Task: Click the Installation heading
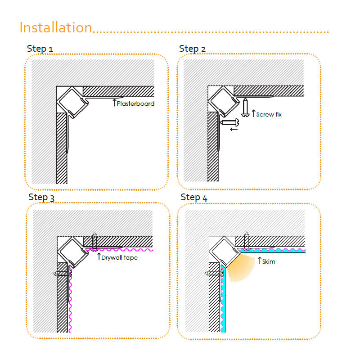pos(56,27)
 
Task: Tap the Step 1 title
pos(40,49)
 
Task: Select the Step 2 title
pos(192,49)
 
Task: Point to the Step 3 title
pos(41,198)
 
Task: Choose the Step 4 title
pos(194,198)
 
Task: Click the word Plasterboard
pos(135,103)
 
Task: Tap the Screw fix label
pos(269,114)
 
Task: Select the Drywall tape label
pos(119,257)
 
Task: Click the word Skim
pos(269,261)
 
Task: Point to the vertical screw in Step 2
pos(245,107)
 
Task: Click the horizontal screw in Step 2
pos(229,122)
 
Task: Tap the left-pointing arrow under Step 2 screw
pos(234,130)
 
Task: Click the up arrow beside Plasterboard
pos(114,103)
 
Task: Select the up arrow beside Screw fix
pos(253,113)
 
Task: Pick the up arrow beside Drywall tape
pos(99,256)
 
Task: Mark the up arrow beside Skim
pos(260,261)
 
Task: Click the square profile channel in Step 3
pos(73,252)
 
